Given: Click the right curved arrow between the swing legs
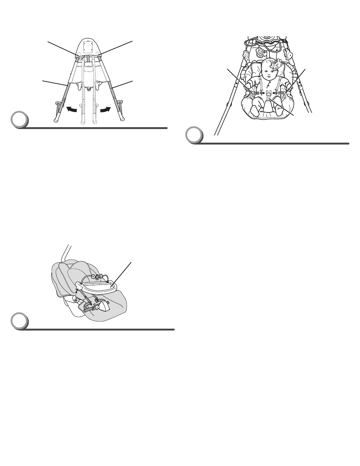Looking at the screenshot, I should (x=105, y=109).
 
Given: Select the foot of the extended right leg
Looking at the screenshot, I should (x=123, y=119).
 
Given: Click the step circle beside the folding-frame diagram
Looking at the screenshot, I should (x=18, y=120).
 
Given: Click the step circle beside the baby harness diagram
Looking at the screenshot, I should (x=195, y=135).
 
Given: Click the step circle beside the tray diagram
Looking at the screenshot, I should (x=18, y=321).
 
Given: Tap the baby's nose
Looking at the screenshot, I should (x=270, y=75).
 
